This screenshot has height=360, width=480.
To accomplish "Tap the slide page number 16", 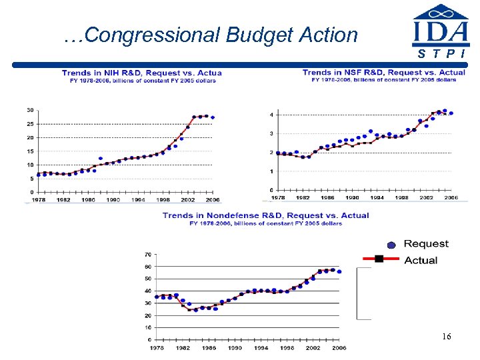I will coord(446,337).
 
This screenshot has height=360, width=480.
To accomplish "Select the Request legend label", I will coord(426,244).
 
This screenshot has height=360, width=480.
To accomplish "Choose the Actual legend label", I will coord(421,260).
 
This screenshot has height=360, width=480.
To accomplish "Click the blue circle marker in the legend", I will coord(391,245).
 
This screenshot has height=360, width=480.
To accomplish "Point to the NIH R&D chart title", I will coord(142,73).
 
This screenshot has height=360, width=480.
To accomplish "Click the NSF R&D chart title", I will coord(383,72).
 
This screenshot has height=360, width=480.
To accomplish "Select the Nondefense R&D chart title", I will coord(265,215).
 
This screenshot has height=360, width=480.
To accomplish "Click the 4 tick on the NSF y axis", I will coord(271,115).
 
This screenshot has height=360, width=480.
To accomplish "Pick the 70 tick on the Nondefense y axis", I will coord(147,255).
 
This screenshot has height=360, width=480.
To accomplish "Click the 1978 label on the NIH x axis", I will coord(39,199).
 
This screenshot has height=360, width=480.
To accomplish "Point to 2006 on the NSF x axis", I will coord(451,197).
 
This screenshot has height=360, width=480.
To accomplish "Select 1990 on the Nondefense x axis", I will coord(235,347).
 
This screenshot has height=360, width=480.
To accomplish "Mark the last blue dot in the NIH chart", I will coord(213,117).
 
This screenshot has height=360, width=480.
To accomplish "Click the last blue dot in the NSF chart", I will coord(451,113).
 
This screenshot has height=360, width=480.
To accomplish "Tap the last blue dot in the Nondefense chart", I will coord(339,272).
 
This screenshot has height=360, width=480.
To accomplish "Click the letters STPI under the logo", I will coord(440,53).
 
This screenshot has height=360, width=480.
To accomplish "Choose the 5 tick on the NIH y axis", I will coord(31,179).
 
